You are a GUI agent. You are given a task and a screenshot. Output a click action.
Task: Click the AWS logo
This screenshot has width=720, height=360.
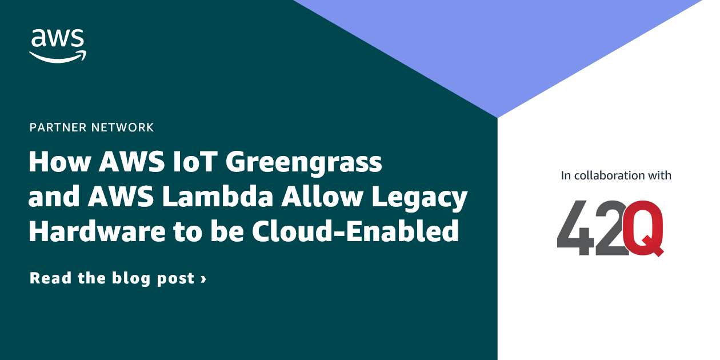(58, 45)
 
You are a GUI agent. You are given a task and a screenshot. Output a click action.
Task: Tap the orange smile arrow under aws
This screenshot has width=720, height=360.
(58, 56)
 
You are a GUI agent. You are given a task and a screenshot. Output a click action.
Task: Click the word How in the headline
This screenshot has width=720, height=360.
(59, 163)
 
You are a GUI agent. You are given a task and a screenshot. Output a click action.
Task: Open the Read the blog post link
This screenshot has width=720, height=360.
(118, 279)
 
